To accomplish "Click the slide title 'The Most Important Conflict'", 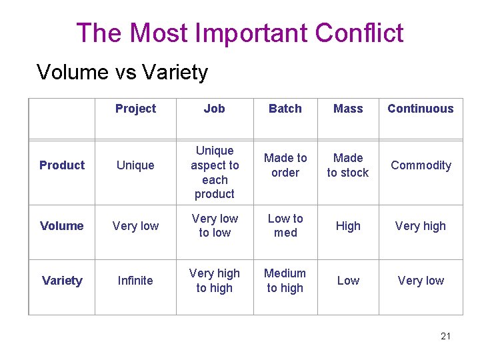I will (x=240, y=33).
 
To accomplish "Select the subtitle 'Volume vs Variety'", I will (x=122, y=72).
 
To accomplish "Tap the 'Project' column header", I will (x=135, y=109).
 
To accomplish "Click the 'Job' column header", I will (x=214, y=109).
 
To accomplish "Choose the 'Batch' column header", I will (x=285, y=109).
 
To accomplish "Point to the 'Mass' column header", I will (x=348, y=109).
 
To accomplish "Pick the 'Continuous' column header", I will (x=420, y=109).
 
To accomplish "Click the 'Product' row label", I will (x=62, y=165).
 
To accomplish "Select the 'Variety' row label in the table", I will (x=62, y=281).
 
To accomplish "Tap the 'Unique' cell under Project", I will (x=135, y=165).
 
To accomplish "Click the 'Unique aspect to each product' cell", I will (x=214, y=172).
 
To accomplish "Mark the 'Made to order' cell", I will (x=285, y=165).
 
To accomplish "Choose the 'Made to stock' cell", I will (x=348, y=165).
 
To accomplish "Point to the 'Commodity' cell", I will (x=421, y=165).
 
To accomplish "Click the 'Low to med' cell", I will (x=285, y=225).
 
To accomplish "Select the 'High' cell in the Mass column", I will (x=348, y=226).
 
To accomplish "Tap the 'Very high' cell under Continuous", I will (x=421, y=226).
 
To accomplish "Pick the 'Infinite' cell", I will (x=135, y=281).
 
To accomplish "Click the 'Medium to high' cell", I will (x=285, y=281).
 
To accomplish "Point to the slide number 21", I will (x=445, y=336).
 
